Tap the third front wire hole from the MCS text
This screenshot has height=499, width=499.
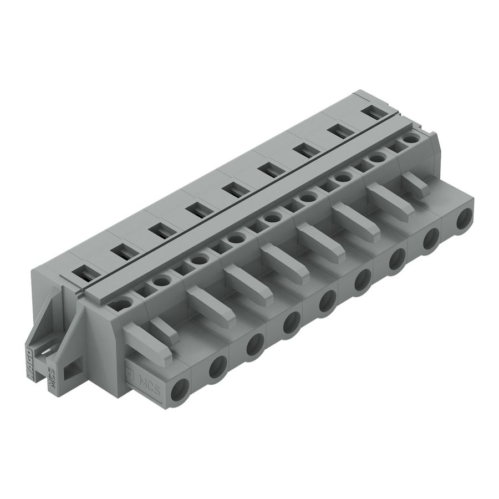[x=254, y=344]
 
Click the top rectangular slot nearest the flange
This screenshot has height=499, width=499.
[x=83, y=272]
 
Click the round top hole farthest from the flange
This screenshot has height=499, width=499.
[x=410, y=139]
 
